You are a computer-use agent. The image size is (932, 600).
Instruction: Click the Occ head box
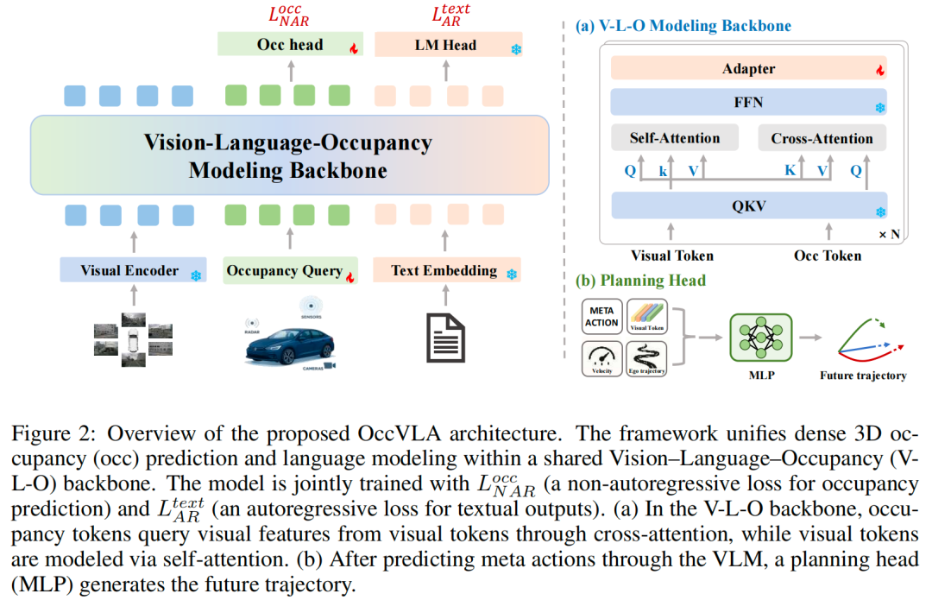[289, 46]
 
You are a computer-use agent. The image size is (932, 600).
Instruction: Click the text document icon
[446, 338]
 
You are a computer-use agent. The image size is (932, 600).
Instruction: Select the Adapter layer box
[748, 69]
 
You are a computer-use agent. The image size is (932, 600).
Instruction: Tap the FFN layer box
[748, 103]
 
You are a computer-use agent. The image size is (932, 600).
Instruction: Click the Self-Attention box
[676, 138]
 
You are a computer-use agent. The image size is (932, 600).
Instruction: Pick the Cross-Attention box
[822, 138]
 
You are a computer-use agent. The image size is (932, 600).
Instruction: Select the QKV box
[748, 205]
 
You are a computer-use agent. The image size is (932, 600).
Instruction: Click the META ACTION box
[601, 317]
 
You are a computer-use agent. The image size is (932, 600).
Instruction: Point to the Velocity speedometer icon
[601, 358]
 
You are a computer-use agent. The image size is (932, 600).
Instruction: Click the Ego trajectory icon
[646, 358]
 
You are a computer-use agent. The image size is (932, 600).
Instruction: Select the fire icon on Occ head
[353, 48]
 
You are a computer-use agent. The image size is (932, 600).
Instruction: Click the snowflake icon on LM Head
[516, 48]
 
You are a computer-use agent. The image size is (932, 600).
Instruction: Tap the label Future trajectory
[864, 376]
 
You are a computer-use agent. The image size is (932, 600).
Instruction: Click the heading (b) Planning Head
[640, 281]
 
